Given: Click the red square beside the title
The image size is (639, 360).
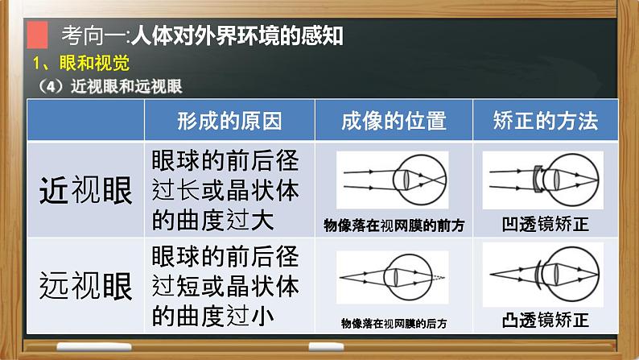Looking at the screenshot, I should (x=36, y=36).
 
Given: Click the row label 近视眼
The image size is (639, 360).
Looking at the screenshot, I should (x=86, y=190).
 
